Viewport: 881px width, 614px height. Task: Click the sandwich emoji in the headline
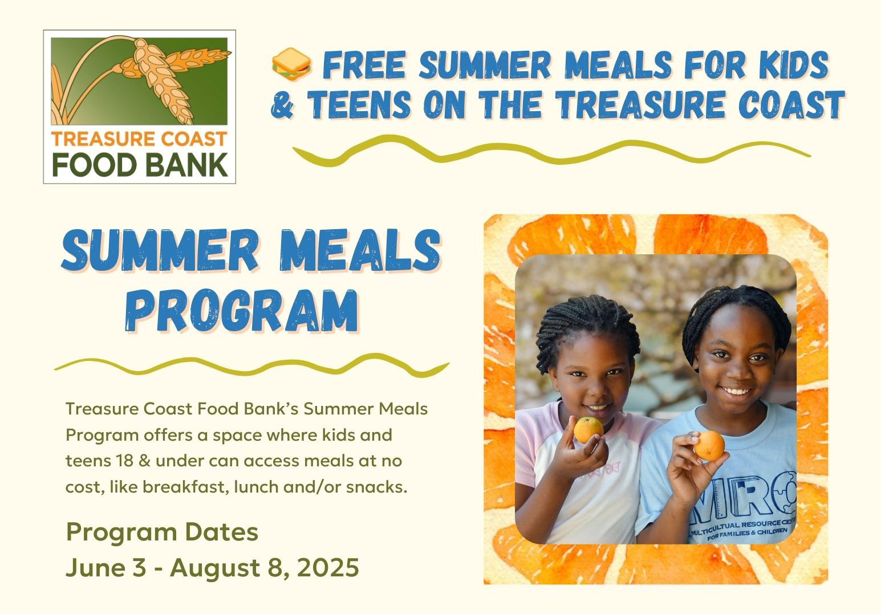click(291, 64)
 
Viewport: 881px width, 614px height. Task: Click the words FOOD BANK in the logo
click(140, 165)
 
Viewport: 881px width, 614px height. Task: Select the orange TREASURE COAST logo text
click(139, 139)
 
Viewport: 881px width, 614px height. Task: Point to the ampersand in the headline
click(282, 104)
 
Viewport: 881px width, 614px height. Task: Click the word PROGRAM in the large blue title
click(241, 311)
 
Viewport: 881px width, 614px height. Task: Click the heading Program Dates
click(162, 532)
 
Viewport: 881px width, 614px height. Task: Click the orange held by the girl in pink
click(588, 430)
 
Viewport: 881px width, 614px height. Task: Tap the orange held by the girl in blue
click(709, 446)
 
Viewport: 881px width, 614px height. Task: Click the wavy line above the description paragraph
click(251, 366)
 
